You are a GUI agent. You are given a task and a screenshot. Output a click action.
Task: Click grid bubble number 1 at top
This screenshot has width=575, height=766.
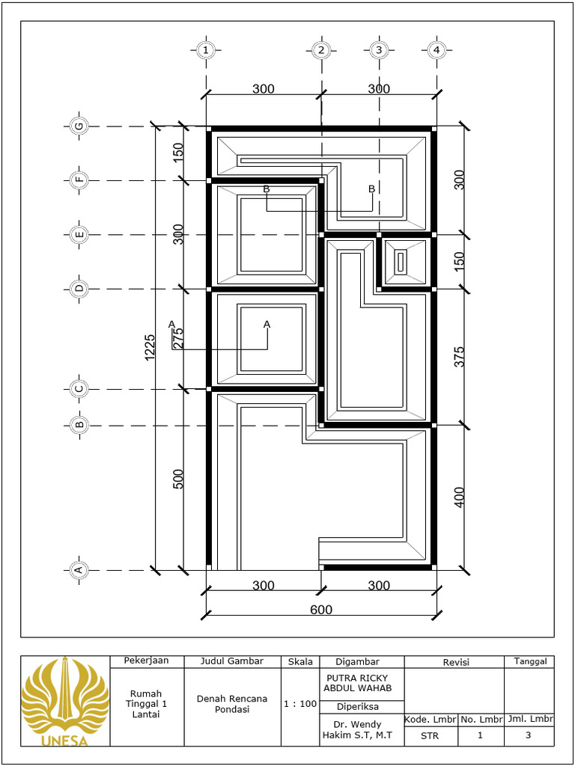pyautogui.click(x=206, y=50)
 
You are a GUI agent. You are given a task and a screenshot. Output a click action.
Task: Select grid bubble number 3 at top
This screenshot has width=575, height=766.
pyautogui.click(x=379, y=50)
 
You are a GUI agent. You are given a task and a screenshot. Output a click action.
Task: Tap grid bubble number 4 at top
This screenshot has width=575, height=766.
pyautogui.click(x=436, y=50)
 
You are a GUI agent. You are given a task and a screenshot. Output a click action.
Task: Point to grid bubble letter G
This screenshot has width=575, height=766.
pyautogui.click(x=79, y=126)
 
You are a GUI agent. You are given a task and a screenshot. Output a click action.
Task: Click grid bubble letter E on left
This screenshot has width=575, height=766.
pyautogui.click(x=79, y=235)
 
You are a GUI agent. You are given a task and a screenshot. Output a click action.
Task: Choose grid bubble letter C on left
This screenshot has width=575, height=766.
pyautogui.click(x=79, y=389)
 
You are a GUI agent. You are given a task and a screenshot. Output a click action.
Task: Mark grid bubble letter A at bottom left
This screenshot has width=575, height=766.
pyautogui.click(x=77, y=570)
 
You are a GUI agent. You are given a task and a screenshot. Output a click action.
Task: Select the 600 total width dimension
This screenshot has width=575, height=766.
pyautogui.click(x=321, y=610)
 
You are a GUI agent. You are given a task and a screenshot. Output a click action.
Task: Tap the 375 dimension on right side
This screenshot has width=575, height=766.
pyautogui.click(x=460, y=356)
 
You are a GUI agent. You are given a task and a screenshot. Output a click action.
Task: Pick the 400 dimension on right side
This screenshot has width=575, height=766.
pyautogui.click(x=460, y=497)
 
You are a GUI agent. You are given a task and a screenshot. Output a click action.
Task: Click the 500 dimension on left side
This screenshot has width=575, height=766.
pyautogui.click(x=179, y=479)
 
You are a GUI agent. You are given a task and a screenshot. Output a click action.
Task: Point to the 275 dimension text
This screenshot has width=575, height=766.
pyautogui.click(x=179, y=338)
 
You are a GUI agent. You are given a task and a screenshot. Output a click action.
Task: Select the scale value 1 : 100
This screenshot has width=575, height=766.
pyautogui.click(x=299, y=704)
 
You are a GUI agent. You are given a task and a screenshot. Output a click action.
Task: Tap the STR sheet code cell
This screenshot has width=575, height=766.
pyautogui.click(x=431, y=735)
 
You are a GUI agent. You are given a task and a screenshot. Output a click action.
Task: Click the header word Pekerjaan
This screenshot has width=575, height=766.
pyautogui.click(x=146, y=661)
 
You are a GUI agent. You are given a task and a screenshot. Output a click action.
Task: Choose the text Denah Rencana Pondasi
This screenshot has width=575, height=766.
pyautogui.click(x=232, y=704)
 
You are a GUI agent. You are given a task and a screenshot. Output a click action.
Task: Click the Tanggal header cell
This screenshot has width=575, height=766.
pyautogui.click(x=529, y=661)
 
